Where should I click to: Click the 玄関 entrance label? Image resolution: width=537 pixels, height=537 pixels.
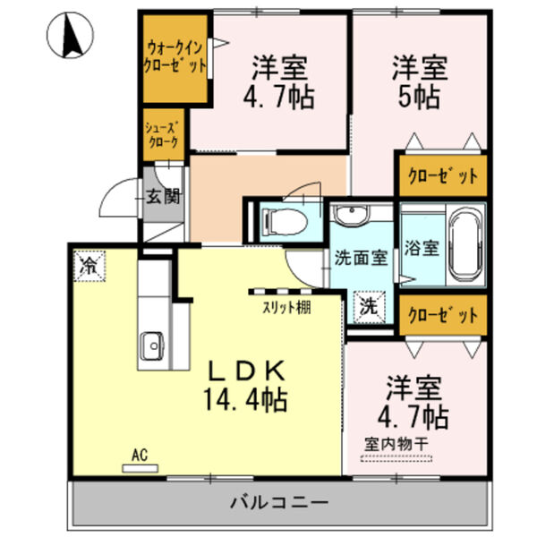[165, 196]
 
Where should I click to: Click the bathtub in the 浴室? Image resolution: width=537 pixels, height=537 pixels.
[465, 241]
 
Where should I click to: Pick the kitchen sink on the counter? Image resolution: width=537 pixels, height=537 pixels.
[149, 344]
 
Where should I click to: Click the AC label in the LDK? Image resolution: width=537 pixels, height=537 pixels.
[139, 455]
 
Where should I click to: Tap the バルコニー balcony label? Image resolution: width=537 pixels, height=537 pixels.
[277, 503]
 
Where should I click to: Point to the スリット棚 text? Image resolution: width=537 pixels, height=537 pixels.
[286, 310]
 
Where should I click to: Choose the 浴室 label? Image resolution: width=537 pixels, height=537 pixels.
[422, 248]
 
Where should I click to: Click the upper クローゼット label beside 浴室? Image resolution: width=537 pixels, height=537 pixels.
[442, 175]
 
